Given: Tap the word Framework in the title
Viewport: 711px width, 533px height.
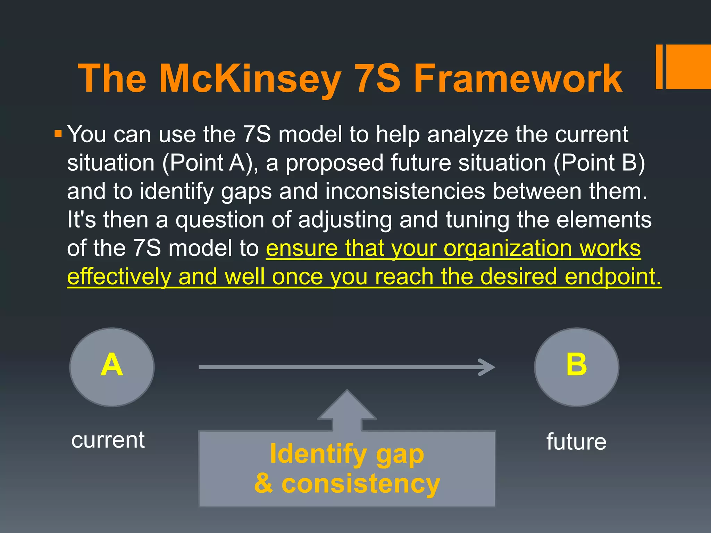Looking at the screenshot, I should click(518, 79).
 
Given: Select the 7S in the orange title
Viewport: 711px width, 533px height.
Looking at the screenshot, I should click(378, 79).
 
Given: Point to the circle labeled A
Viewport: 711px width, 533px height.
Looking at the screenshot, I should click(112, 367).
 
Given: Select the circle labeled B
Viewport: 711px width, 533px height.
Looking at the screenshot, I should click(576, 367).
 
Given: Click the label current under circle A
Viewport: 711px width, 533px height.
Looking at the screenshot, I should click(108, 440).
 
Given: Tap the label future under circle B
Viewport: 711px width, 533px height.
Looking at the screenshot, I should click(576, 441).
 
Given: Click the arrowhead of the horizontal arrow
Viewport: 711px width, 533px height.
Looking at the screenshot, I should click(488, 367).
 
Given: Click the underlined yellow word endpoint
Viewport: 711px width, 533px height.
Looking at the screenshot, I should click(613, 277).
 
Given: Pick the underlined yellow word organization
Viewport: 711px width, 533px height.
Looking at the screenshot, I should click(508, 248).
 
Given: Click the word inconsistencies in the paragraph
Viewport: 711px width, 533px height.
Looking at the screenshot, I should click(405, 192).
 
